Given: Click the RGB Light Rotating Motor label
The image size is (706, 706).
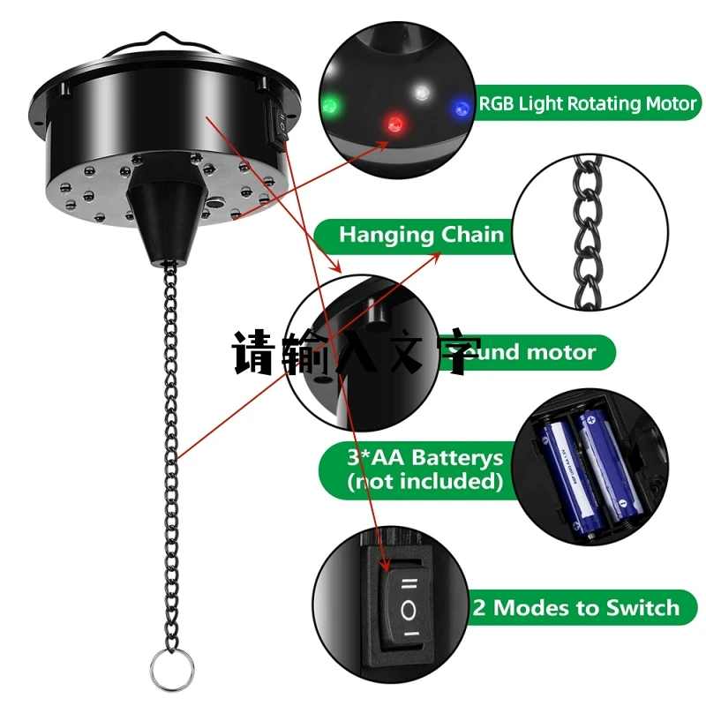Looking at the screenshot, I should point(588,104).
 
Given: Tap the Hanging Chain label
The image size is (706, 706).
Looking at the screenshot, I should point(421,235).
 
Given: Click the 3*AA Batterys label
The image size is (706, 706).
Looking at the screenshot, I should point(424,469).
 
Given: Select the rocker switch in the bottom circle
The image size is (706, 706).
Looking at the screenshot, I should point(409,607).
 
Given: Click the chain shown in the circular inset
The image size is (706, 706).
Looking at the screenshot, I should point(586,232).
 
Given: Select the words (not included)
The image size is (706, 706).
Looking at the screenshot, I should point(424,482).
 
